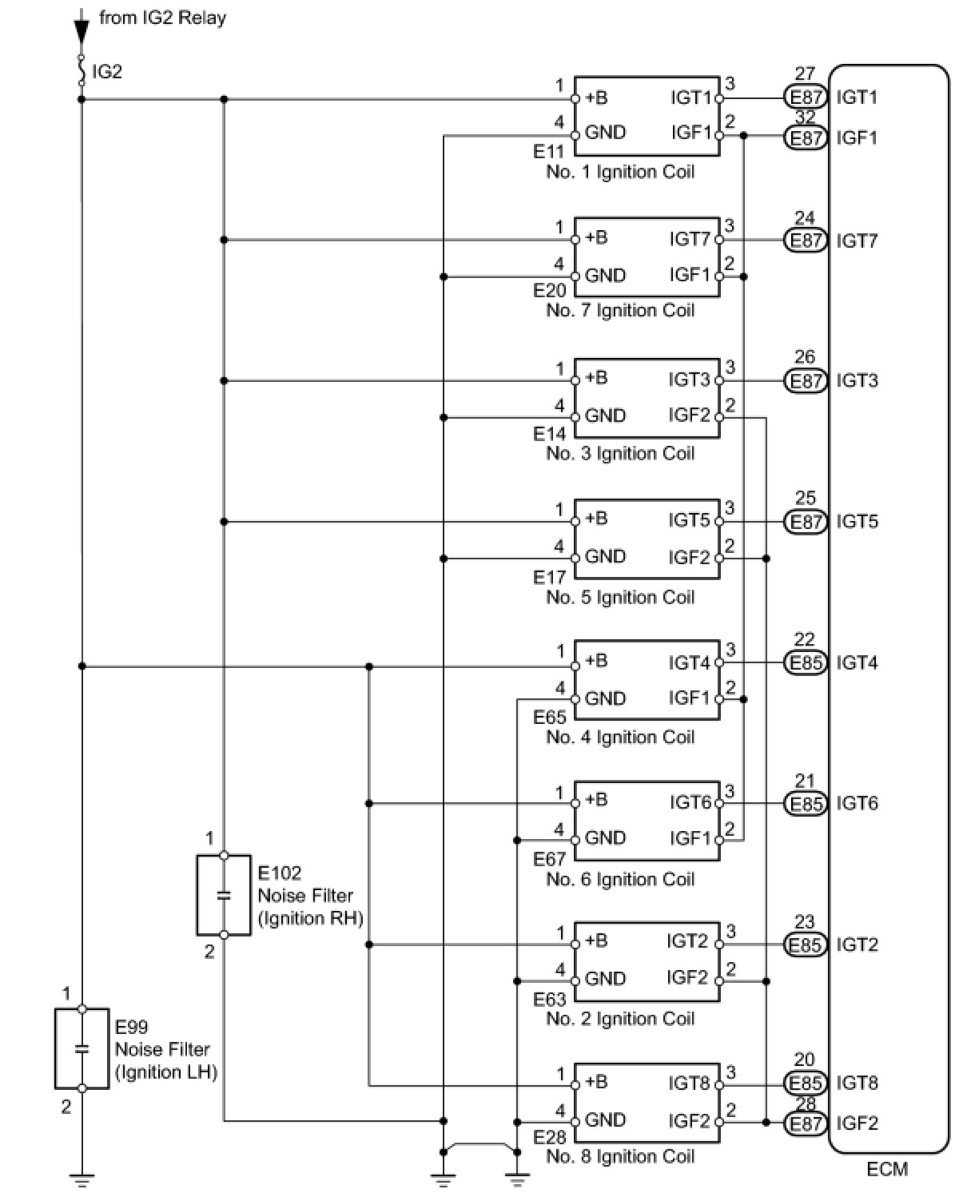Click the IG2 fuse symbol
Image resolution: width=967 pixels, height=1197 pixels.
coord(82,70)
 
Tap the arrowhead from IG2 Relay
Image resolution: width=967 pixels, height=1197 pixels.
coord(82,32)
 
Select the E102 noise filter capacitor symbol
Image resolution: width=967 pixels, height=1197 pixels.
coord(224,895)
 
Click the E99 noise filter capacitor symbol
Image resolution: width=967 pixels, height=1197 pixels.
coord(82,1048)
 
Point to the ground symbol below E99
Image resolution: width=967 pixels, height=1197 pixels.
coord(82,1180)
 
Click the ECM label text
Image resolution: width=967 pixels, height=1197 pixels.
coord(886,1170)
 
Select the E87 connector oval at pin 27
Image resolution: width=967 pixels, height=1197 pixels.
coord(806,97)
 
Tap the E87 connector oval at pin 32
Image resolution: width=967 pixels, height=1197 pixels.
coord(806,137)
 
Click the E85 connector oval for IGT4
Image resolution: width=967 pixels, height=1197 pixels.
coord(806,663)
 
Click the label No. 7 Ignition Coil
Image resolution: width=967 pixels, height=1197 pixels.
coord(620,310)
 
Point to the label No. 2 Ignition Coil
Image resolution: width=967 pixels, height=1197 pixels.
coord(620,1018)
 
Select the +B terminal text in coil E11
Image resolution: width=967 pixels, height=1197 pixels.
coord(596,97)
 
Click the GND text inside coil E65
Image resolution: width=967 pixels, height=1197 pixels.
coord(605,698)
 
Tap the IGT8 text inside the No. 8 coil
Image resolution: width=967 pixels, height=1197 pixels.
coord(690,1083)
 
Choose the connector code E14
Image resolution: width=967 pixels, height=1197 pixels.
coord(549,434)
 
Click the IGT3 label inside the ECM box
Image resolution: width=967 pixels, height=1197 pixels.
coord(857,381)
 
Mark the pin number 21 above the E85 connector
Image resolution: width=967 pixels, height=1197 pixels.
coord(805,781)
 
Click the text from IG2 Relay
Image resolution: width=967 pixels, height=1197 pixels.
coord(162,18)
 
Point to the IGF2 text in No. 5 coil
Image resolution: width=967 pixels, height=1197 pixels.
coord(690,558)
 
